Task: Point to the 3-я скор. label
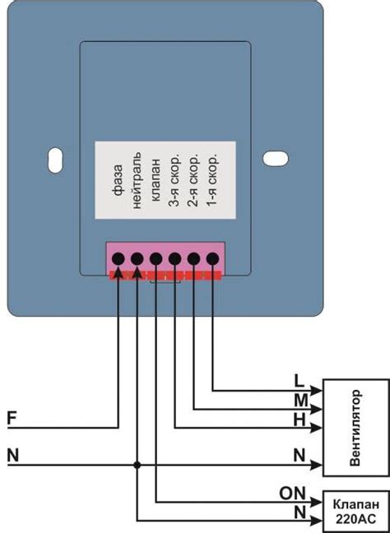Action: click(174, 180)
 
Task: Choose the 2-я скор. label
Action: click(193, 180)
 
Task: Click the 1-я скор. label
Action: click(212, 180)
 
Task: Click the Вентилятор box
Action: click(354, 428)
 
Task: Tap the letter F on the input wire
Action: click(12, 418)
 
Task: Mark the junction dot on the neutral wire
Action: click(137, 466)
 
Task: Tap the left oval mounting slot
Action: click(54, 159)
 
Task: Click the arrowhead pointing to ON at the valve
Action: click(315, 502)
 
